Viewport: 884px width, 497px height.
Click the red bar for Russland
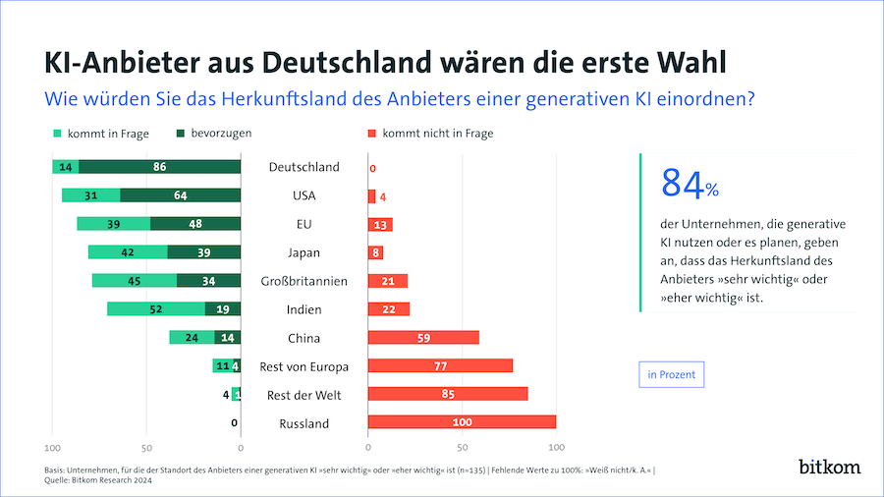[462, 422]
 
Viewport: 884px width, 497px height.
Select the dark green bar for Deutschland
[160, 167]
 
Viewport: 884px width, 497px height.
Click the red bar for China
[423, 338]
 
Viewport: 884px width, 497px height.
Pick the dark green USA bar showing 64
[180, 195]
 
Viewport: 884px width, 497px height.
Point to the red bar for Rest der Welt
[448, 394]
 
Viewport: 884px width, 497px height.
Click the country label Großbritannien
[304, 281]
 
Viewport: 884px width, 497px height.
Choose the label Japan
[304, 252]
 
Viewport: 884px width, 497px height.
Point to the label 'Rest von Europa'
[304, 366]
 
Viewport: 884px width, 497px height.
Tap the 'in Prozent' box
[671, 374]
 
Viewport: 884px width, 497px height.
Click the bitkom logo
[828, 465]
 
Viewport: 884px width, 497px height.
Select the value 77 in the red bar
[440, 366]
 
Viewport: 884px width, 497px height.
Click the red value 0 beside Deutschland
[373, 168]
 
